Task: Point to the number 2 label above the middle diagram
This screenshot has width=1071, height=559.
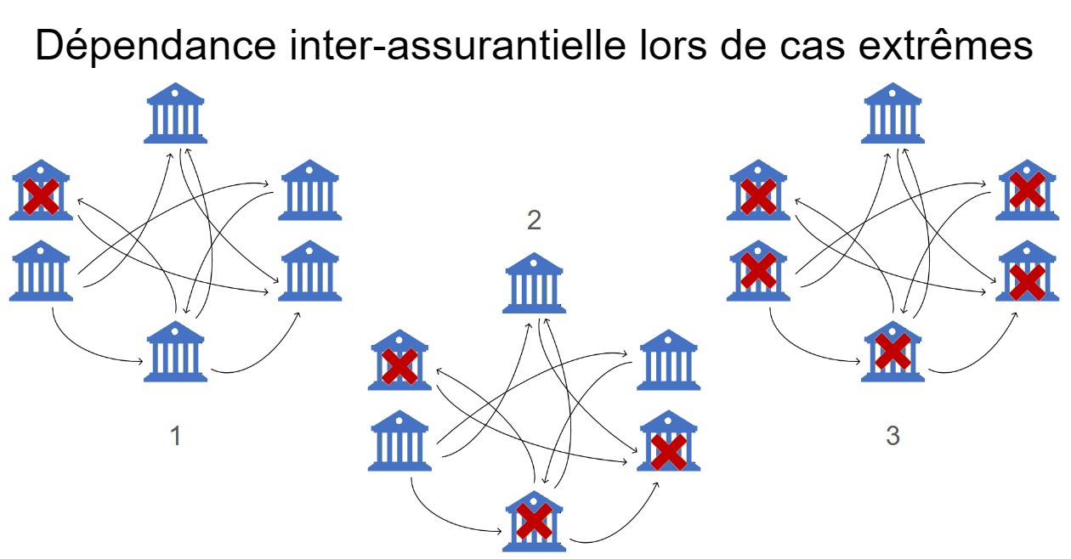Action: click(534, 221)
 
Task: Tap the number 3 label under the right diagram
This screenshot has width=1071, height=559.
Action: click(892, 436)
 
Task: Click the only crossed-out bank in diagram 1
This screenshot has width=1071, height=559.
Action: click(40, 190)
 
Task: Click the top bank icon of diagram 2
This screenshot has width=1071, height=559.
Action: click(534, 284)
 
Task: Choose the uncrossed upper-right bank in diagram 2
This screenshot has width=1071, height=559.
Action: click(668, 360)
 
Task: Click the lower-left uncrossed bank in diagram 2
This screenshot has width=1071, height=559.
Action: click(399, 441)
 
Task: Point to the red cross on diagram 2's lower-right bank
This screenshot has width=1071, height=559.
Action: click(668, 452)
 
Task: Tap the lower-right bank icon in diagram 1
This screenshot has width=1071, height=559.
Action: click(310, 271)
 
